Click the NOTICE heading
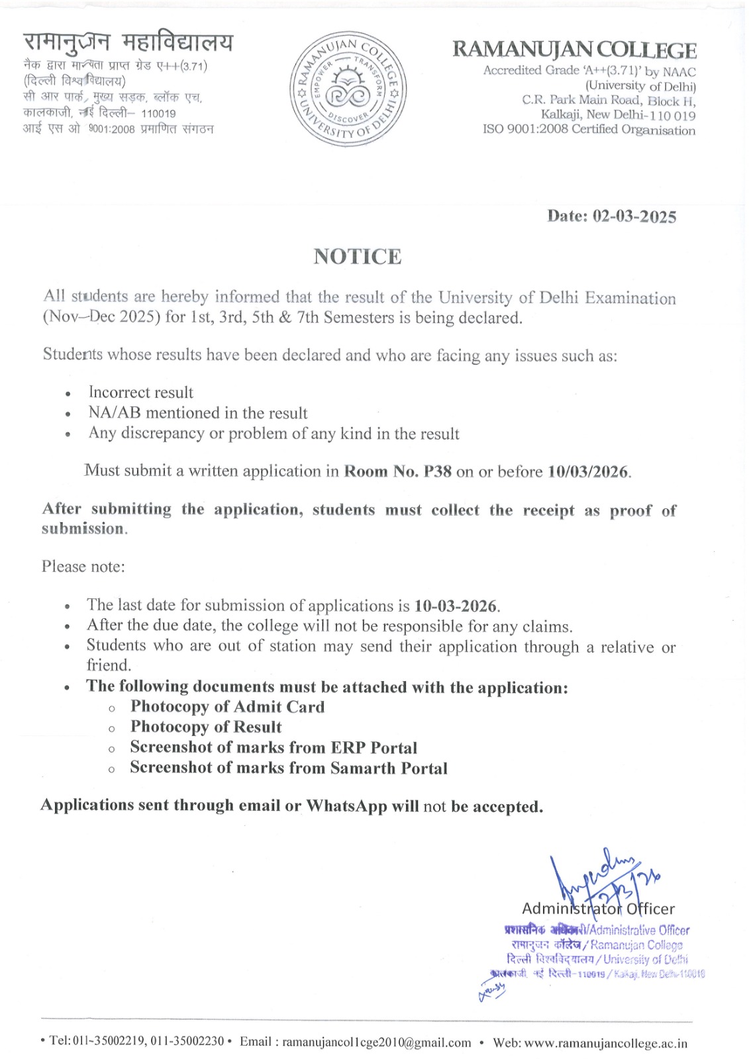point(358,256)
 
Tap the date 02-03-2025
point(634,216)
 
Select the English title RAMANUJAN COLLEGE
point(574,50)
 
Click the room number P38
point(438,471)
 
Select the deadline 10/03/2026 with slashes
point(587,472)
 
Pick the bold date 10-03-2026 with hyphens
point(456,606)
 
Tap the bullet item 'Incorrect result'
point(141,392)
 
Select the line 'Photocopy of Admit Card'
point(227,707)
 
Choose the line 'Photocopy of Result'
point(206,727)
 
